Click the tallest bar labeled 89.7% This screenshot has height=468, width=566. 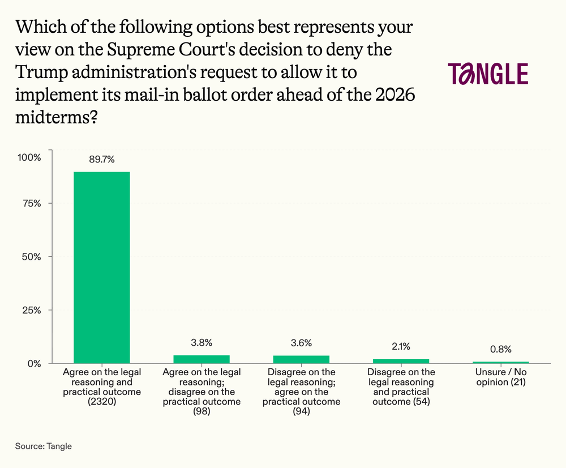(102, 267)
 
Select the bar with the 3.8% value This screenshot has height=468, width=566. (201, 359)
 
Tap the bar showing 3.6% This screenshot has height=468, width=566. (302, 359)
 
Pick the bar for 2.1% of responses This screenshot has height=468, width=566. (401, 361)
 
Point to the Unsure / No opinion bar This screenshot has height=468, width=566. (501, 362)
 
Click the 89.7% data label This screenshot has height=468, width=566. (102, 159)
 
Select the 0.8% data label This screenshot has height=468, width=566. (501, 349)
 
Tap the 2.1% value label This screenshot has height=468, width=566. (401, 346)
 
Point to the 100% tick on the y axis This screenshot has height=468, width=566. (29, 157)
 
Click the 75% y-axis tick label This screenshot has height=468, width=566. (32, 204)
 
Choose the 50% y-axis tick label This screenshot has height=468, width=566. (31, 257)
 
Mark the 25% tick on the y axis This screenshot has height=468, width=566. (32, 310)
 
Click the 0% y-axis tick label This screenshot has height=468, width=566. (35, 364)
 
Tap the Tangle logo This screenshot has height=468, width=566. (488, 74)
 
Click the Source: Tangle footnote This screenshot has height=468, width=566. (44, 446)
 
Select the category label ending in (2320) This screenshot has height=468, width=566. (102, 387)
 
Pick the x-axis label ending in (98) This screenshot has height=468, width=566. (201, 392)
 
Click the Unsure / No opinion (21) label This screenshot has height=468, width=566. (501, 377)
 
